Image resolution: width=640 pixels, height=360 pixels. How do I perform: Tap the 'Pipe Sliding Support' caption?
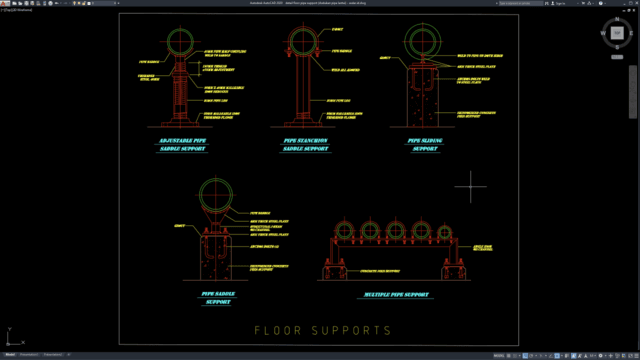425,146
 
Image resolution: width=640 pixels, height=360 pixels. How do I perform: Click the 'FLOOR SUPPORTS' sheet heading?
321,329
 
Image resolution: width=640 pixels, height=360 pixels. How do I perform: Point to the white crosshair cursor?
470,187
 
